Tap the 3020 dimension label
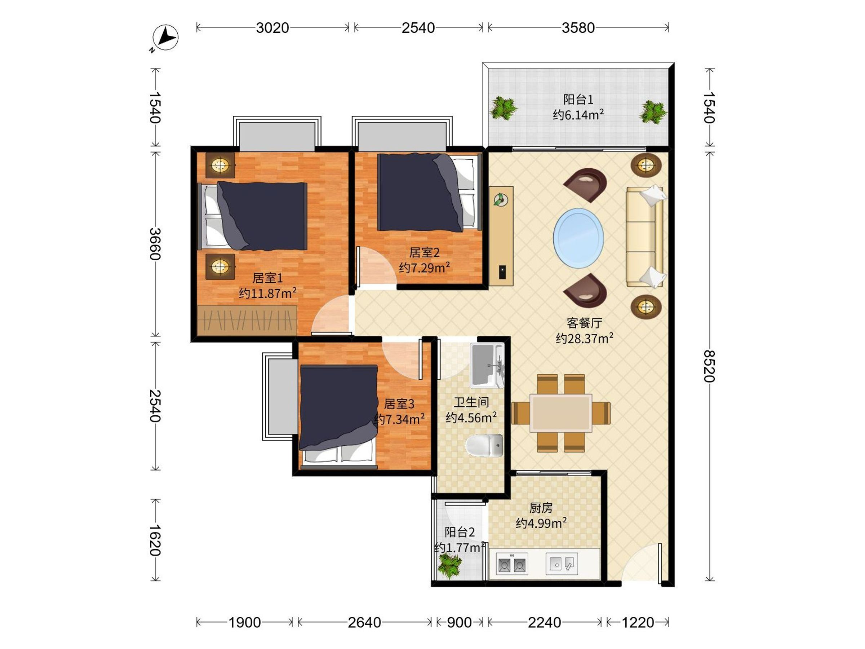click(272, 28)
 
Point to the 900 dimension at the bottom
click(459, 622)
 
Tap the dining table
click(561, 413)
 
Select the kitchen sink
click(562, 564)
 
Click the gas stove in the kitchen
click(512, 564)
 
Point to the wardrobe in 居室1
click(247, 321)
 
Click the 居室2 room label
click(424, 252)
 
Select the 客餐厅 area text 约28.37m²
click(584, 338)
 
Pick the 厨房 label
click(541, 508)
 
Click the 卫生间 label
click(471, 402)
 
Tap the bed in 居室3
click(338, 417)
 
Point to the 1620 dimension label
click(155, 540)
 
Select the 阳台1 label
click(578, 100)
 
